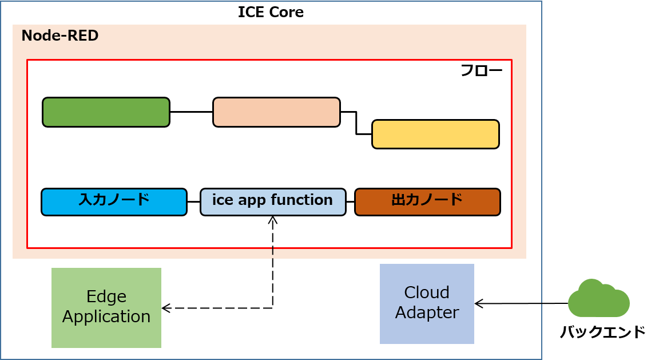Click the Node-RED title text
[60, 36]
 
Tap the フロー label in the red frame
[481, 71]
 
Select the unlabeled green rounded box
[106, 112]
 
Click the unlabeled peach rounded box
[276, 112]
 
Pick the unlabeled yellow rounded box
[435, 134]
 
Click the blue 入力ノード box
[114, 201]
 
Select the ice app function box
[273, 201]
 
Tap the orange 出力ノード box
[427, 201]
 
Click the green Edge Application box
[106, 307]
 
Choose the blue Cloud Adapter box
[427, 303]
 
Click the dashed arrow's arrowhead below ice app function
[273, 220]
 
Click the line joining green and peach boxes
[191, 112]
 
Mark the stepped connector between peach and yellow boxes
[356, 123]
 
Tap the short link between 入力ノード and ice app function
[193, 202]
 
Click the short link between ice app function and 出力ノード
[350, 202]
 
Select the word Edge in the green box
[106, 297]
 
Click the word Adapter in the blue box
[427, 313]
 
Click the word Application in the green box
[106, 317]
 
